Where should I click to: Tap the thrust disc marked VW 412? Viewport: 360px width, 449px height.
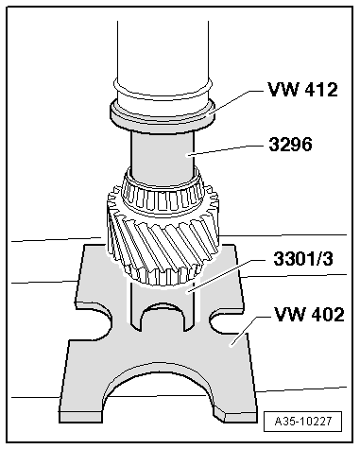161,114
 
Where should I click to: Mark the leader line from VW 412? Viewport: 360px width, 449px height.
231,105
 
